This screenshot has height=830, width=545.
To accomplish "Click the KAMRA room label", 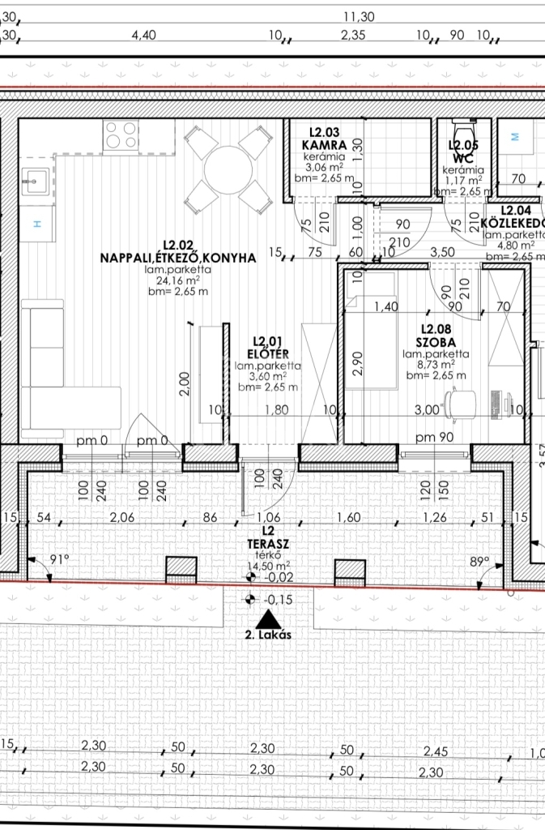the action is pyautogui.click(x=324, y=144).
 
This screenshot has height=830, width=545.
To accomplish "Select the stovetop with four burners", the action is pyautogui.click(x=121, y=135).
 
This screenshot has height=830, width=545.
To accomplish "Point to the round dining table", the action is pyautogui.click(x=228, y=170).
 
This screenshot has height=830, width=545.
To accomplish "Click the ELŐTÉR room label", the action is pyautogui.click(x=268, y=354).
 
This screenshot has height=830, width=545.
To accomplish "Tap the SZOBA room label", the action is pyautogui.click(x=436, y=343).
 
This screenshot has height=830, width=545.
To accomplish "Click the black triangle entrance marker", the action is pyautogui.click(x=268, y=619).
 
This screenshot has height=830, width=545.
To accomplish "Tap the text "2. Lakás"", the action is pyautogui.click(x=268, y=635).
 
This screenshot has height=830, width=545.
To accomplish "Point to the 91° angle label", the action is pyautogui.click(x=60, y=559).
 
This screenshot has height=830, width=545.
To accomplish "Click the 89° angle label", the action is pyautogui.click(x=479, y=562).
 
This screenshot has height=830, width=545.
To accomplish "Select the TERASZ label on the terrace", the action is pyautogui.click(x=269, y=544).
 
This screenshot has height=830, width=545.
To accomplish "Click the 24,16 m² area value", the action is pyautogui.click(x=177, y=280).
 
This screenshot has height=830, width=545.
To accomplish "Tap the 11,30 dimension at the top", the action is pyautogui.click(x=359, y=17).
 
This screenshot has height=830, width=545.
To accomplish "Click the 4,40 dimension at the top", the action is pyautogui.click(x=144, y=35).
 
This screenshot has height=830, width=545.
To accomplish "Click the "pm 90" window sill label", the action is pyautogui.click(x=435, y=437).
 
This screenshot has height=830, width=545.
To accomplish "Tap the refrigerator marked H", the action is pyautogui.click(x=38, y=224).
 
